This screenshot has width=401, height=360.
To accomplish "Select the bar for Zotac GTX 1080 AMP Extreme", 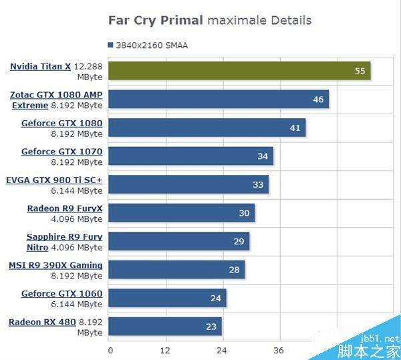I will coord(218,100).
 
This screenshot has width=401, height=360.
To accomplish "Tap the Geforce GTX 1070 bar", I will coord(190,156).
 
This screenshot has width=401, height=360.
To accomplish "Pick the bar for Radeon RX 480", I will coord(165,327).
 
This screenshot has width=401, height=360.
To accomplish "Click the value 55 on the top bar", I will coord(360,71).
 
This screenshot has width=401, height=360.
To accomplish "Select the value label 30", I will coord(244,213).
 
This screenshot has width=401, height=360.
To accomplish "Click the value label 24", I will coord(216,299).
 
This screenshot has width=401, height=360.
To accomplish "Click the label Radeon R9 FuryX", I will coord(65,208).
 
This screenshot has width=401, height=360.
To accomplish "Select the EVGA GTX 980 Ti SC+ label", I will coord(54,180).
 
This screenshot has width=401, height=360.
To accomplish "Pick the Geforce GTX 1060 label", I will coord(61,294).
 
